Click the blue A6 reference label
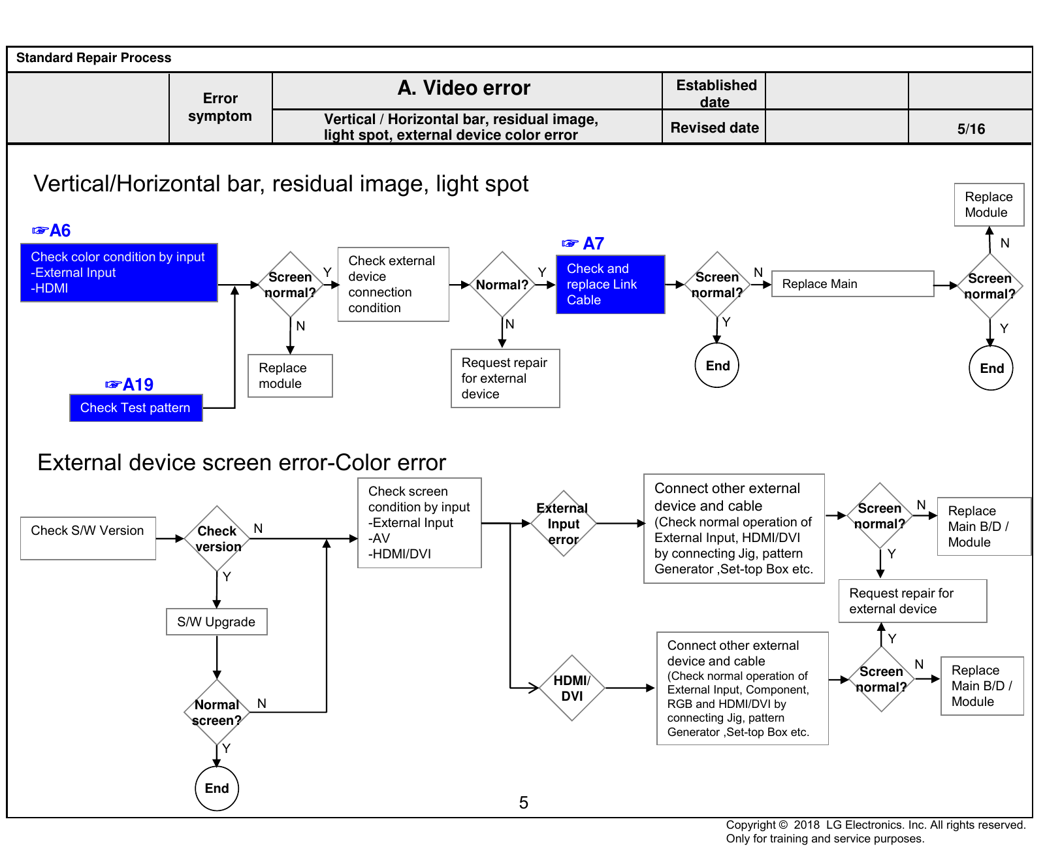click(x=52, y=231)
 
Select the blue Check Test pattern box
click(x=136, y=408)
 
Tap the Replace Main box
click(x=852, y=284)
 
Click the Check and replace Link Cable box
click(x=611, y=285)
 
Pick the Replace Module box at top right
click(x=989, y=205)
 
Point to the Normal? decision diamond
click(x=502, y=285)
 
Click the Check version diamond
click(x=217, y=539)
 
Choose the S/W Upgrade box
click(x=217, y=622)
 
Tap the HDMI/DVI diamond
click(x=572, y=688)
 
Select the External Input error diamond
click(x=563, y=523)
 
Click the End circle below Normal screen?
click(x=217, y=788)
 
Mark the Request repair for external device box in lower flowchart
click(x=912, y=601)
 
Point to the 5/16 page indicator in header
click(x=971, y=129)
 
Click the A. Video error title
click(x=464, y=88)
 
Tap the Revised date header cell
click(x=714, y=127)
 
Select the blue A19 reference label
click(x=129, y=385)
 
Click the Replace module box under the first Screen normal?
click(x=290, y=376)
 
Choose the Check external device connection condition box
click(x=393, y=284)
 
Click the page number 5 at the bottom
click(x=523, y=803)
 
